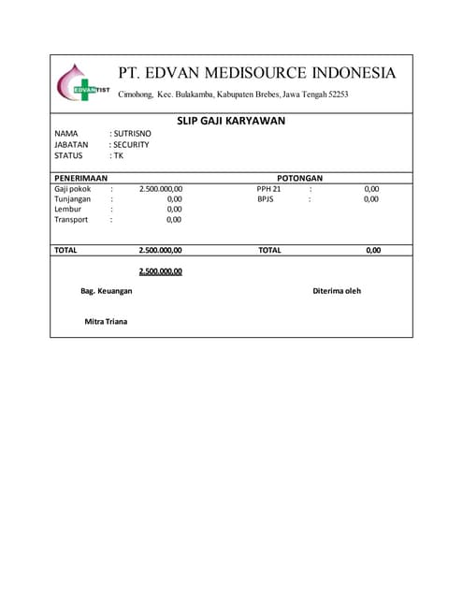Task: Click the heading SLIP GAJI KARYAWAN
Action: coord(231,121)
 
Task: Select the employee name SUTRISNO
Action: coord(132,134)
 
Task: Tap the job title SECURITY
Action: coord(131,145)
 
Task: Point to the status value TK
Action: coord(118,156)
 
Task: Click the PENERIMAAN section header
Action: coord(80,177)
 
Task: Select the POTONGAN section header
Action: coord(299,177)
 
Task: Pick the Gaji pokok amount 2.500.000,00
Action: coord(160,189)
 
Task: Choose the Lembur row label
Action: coord(68,210)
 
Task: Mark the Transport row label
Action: coord(71,220)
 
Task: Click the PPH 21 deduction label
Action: coord(268,189)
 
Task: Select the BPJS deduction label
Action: coord(266,199)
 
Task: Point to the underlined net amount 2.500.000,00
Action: coord(160,271)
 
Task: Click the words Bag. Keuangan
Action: coord(106,291)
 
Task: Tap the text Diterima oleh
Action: coord(337,291)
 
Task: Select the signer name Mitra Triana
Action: coord(106,322)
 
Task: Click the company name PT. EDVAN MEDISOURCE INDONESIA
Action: coord(257,73)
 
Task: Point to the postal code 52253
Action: coord(336,95)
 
